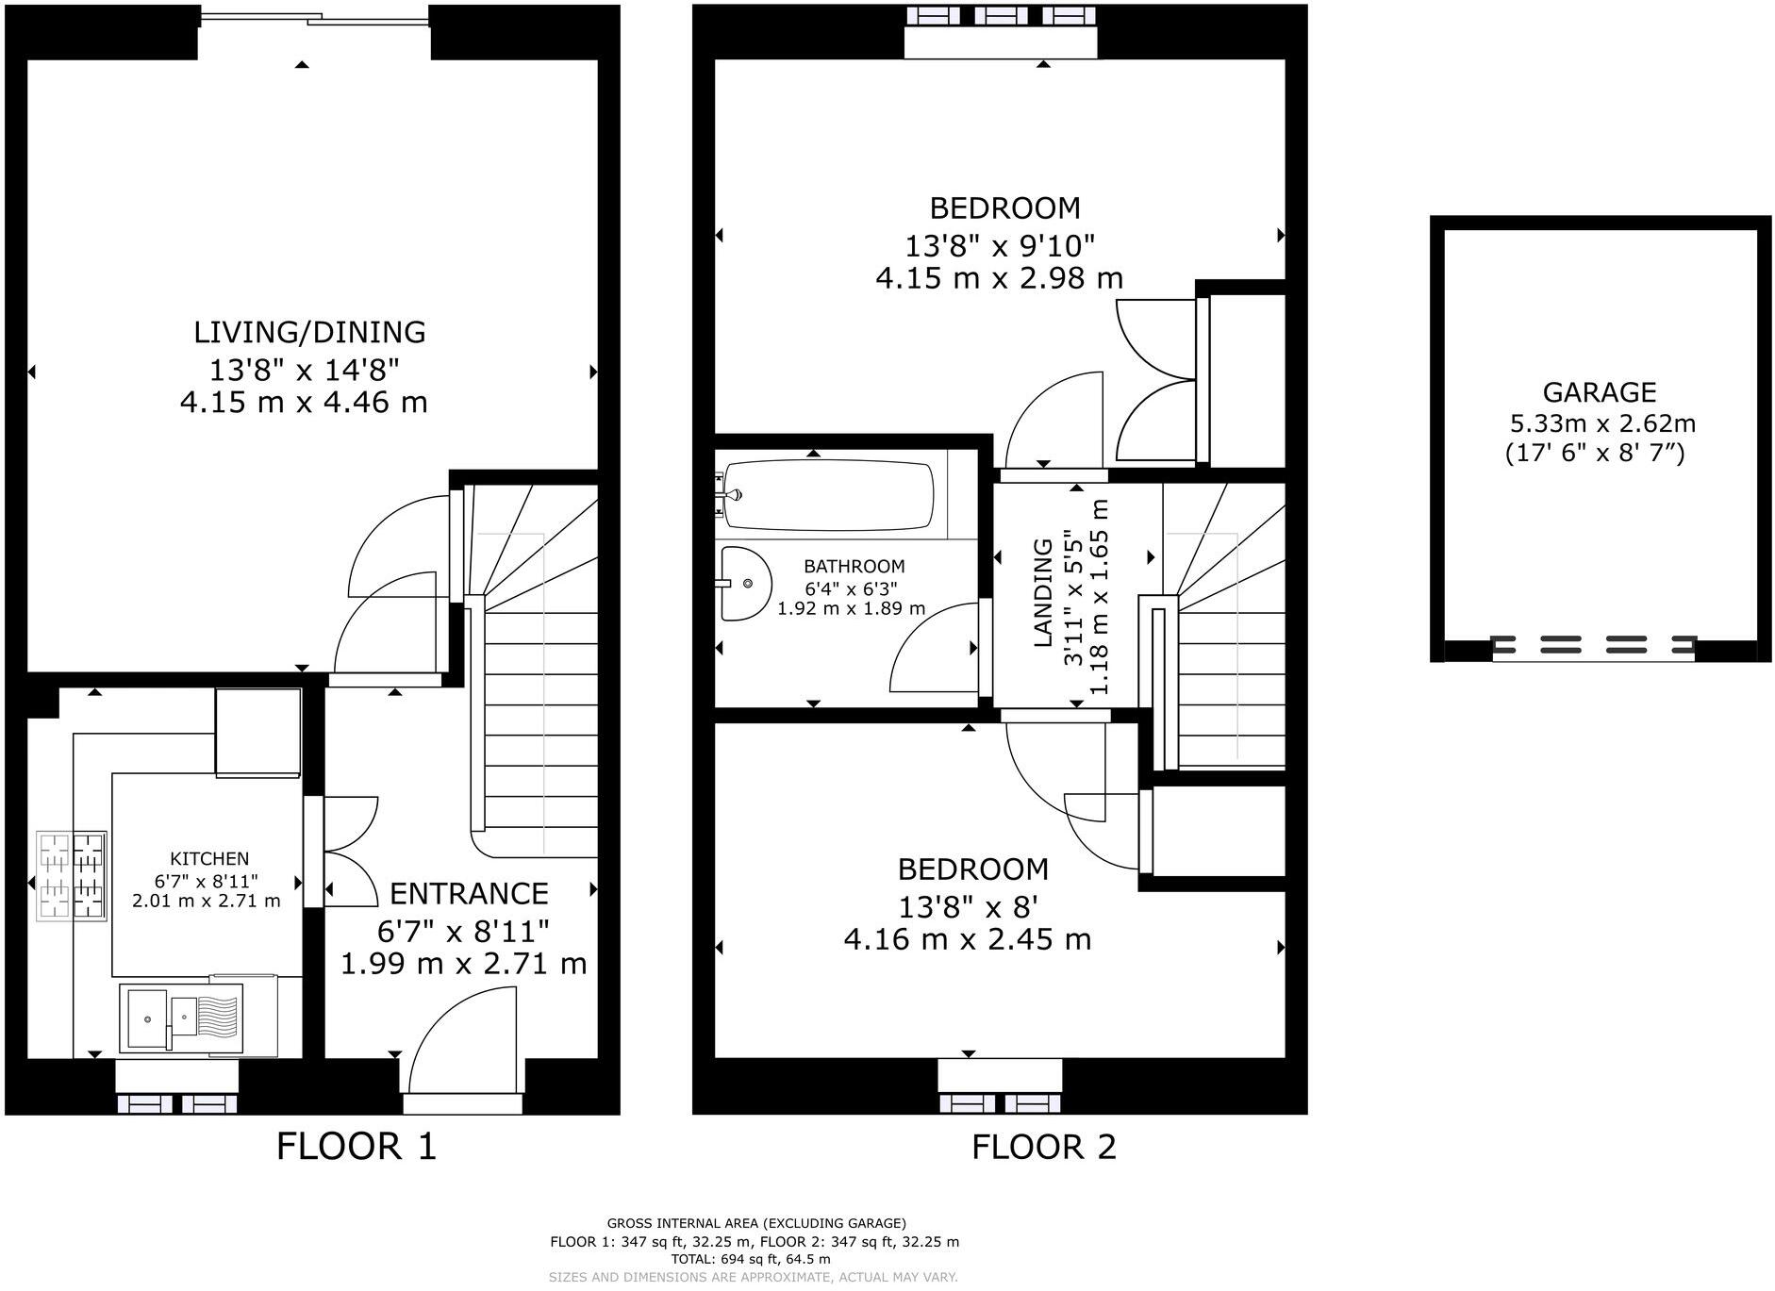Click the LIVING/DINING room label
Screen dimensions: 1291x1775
pos(309,332)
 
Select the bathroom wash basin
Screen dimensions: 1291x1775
pos(745,583)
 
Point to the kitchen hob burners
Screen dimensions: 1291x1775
pos(70,876)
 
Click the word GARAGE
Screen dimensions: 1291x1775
pos(1599,391)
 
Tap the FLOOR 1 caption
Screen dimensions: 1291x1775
pos(357,1147)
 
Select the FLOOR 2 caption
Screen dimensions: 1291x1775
pos(1043,1147)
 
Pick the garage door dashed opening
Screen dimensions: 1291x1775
pos(1593,646)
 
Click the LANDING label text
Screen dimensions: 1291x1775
pos(1043,592)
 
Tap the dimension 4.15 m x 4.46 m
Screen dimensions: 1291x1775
pos(304,403)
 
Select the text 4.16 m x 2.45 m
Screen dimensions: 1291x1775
pos(968,939)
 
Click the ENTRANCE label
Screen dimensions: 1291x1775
pos(469,893)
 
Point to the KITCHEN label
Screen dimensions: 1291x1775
pos(209,858)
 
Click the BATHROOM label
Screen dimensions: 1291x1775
pos(854,566)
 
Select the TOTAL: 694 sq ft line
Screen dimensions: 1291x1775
pos(751,1258)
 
